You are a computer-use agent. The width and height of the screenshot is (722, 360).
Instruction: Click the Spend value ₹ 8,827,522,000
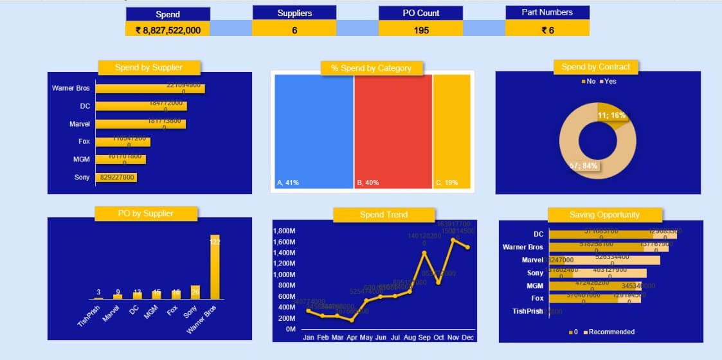pyautogui.click(x=168, y=30)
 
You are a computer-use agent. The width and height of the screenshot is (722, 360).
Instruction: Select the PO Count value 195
pyautogui.click(x=420, y=30)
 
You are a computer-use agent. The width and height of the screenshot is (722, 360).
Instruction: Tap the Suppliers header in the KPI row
pyautogui.click(x=294, y=13)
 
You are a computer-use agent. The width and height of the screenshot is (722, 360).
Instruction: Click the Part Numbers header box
pyautogui.click(x=547, y=12)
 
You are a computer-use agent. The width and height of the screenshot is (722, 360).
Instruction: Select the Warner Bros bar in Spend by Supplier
pyautogui.click(x=150, y=88)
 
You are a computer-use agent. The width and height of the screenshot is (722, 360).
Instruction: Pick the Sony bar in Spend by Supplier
pyautogui.click(x=116, y=177)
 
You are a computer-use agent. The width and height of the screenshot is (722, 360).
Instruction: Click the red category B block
pyautogui.click(x=393, y=129)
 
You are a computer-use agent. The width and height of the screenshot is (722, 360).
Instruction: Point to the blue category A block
pyautogui.click(x=314, y=129)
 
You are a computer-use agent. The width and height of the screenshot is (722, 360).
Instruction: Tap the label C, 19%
pyautogui.click(x=447, y=183)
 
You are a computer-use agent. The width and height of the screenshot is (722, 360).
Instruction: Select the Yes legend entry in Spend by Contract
pyautogui.click(x=607, y=82)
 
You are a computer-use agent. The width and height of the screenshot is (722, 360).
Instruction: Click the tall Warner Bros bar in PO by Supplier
pyautogui.click(x=215, y=267)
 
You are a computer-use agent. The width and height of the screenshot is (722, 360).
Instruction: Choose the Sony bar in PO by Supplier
pyautogui.click(x=195, y=292)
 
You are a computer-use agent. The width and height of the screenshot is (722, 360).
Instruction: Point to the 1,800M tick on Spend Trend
pyautogui.click(x=284, y=231)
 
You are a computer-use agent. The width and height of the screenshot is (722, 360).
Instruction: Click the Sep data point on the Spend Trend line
pyautogui.click(x=424, y=252)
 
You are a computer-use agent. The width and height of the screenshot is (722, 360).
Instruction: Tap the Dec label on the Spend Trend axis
pyautogui.click(x=467, y=337)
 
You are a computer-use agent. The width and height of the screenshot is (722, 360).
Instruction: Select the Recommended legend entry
pyautogui.click(x=608, y=332)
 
